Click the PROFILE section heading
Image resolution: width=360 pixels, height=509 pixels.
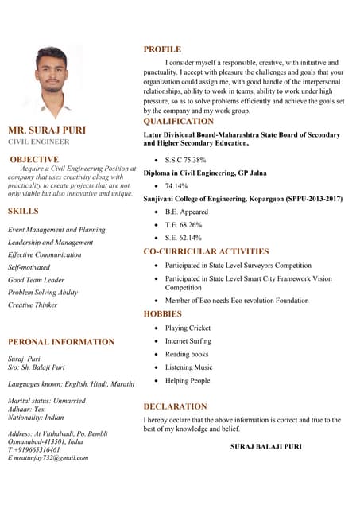162,49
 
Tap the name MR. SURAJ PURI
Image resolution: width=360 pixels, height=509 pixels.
46,130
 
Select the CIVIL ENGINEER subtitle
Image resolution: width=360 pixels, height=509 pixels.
39,142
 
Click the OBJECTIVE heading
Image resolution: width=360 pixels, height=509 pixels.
34,160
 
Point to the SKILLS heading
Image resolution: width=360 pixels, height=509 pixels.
23,212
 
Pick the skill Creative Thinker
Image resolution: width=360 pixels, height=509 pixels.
33,305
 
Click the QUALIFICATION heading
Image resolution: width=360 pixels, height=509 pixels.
178,122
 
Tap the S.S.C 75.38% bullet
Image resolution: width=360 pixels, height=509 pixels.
185,160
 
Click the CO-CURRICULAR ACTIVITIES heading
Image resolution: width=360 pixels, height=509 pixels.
206,251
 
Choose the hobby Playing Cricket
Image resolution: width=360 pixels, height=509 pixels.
188,328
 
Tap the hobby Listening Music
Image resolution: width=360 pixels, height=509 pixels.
188,367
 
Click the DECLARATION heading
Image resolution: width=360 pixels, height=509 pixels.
175,406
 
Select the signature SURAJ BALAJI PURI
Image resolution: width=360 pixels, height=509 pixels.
265,447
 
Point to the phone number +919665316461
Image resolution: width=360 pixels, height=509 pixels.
36,449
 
